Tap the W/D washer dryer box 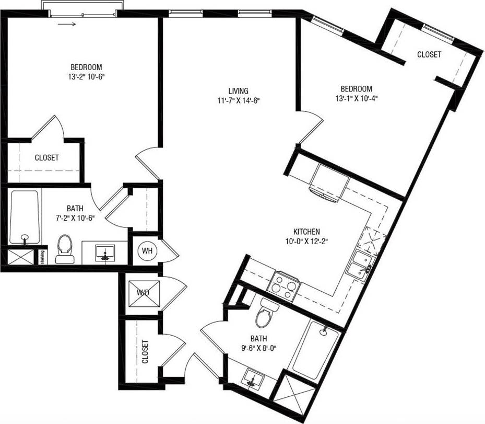pos(143,293)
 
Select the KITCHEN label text pos(306,232)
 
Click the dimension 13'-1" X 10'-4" pos(357,98)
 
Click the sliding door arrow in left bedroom pos(66,24)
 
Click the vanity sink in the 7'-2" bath pos(105,254)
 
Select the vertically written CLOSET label pos(145,352)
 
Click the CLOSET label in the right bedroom pos(429,54)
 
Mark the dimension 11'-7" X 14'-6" pos(238,100)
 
